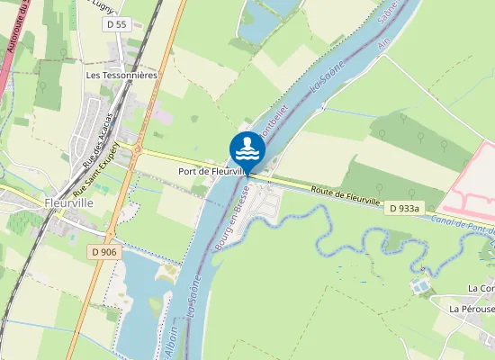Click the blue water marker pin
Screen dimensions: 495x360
[x=247, y=149]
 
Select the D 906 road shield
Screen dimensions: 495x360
[x=103, y=252]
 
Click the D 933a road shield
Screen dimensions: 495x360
[x=407, y=209]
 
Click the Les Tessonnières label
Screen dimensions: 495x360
[x=121, y=76]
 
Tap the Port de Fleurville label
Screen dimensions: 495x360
[x=212, y=171]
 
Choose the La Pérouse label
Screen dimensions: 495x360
[x=472, y=309]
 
